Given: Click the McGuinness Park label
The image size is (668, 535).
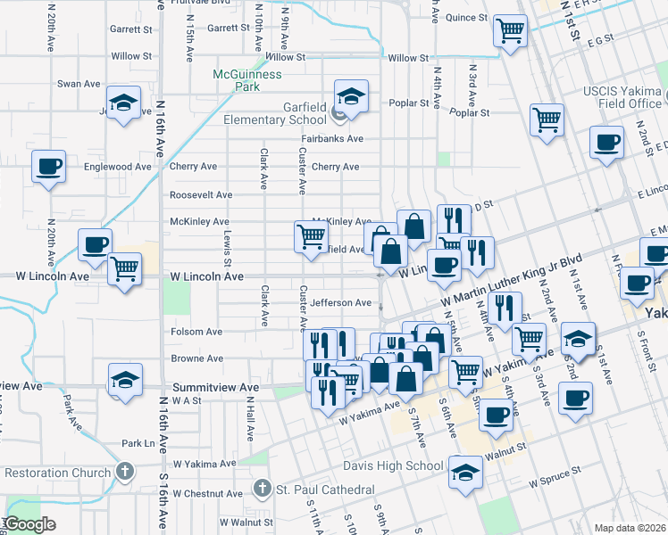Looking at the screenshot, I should coord(247,80).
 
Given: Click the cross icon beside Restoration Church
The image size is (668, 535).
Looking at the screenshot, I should coord(126,472).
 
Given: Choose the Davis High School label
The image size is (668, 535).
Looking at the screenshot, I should coord(393,465).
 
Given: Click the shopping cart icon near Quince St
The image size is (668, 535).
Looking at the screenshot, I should coord(510,32).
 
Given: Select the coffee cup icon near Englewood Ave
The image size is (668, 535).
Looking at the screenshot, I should coord(49,166).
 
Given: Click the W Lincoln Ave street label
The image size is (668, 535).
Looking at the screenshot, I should coord(206,277).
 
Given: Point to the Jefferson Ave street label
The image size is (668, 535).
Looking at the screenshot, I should coord(340,303).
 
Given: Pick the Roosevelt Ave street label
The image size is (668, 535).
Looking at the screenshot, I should coord(201,194).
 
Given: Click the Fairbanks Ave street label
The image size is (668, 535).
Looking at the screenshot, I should coord(331,139).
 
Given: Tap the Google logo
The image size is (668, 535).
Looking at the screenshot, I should coord(30,524).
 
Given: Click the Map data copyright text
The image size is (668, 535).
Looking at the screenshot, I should coord(630,528).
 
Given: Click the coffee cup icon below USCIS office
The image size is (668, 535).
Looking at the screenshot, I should coord(607,144).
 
